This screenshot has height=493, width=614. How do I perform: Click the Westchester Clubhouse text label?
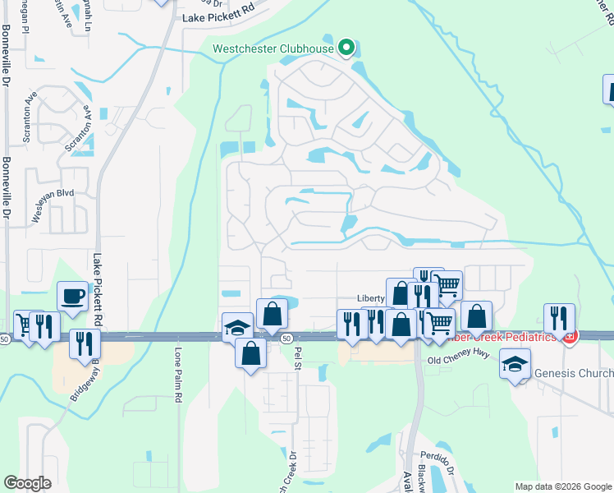(x=273, y=48)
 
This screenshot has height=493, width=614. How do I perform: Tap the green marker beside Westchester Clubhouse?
(x=346, y=48)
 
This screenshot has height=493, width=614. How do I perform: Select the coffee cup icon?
(x=71, y=297)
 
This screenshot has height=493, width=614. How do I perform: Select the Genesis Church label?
(x=574, y=373)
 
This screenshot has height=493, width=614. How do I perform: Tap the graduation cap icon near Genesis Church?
(x=516, y=363)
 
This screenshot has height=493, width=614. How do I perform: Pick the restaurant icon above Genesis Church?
(x=559, y=318)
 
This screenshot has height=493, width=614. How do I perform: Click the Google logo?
(x=27, y=483)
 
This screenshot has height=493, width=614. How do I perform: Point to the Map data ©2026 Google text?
(x=562, y=486)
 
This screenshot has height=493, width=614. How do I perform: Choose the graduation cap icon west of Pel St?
(x=236, y=327)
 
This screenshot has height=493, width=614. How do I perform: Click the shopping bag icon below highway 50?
(x=250, y=353)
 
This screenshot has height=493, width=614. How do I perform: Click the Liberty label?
(x=371, y=298)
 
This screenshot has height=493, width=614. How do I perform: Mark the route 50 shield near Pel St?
(x=286, y=338)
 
